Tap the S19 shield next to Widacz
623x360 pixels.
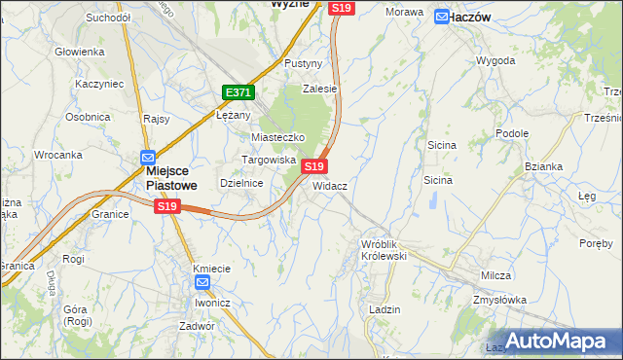[313, 166]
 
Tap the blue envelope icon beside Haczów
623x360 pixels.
[442, 17]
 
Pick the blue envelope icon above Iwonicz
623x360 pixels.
[202, 283]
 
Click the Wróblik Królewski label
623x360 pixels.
[383, 248]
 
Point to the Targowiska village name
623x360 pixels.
[269, 159]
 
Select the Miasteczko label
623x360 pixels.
[278, 138]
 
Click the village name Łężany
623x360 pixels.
[234, 114]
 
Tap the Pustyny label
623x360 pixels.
[303, 63]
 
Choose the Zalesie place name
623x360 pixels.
[319, 89]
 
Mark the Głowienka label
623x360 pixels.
[80, 52]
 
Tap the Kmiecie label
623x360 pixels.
[211, 269]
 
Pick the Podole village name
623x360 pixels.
[512, 133]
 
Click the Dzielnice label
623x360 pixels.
[242, 182]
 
